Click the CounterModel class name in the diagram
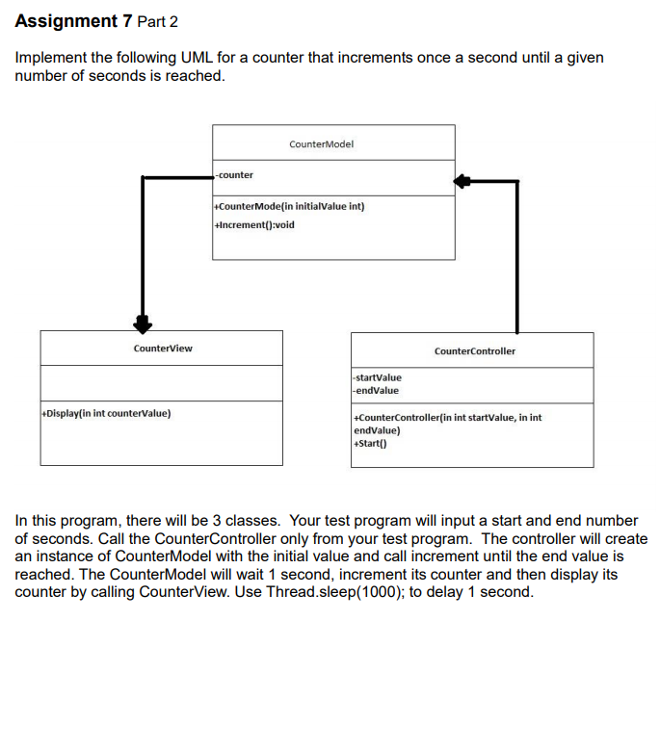(321, 143)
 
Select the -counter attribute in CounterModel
(235, 175)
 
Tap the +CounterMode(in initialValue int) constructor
(289, 206)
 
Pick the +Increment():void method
(254, 224)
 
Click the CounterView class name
(162, 348)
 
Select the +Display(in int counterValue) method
(107, 413)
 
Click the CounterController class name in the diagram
(474, 350)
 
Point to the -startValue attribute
(378, 378)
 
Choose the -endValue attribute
(376, 390)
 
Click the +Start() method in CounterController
(370, 444)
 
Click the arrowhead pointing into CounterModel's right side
(463, 180)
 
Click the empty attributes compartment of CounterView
(162, 383)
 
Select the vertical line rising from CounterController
(517, 260)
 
